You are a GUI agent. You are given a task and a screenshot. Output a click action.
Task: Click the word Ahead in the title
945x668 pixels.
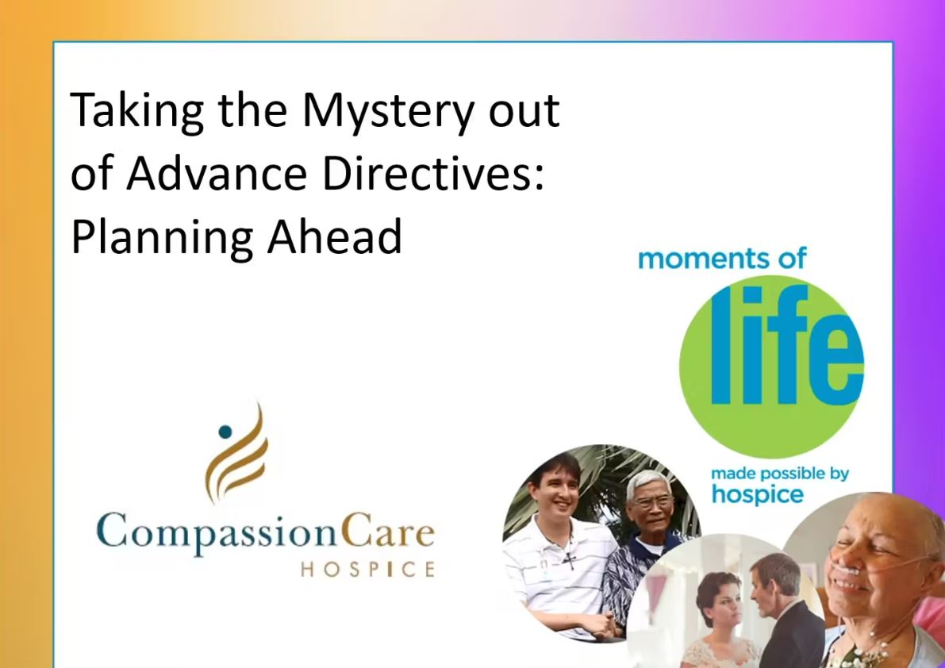click(x=334, y=235)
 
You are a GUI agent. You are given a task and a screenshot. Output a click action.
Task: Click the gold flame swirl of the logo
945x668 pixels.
click(x=237, y=453)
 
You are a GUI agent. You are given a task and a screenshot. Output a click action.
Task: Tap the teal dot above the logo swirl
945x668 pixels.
click(x=225, y=432)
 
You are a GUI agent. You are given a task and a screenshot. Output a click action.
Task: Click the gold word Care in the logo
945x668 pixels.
click(x=386, y=530)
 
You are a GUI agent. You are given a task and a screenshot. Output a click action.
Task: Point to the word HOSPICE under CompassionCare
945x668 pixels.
click(x=367, y=569)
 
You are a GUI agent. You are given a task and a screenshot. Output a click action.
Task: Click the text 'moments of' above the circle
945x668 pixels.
click(x=721, y=259)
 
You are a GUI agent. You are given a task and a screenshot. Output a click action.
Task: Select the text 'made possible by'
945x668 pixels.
click(x=780, y=474)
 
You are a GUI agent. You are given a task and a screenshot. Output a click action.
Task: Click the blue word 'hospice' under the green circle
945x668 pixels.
click(x=758, y=494)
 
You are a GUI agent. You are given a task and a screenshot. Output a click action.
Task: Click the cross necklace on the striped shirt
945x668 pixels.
click(x=568, y=559)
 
